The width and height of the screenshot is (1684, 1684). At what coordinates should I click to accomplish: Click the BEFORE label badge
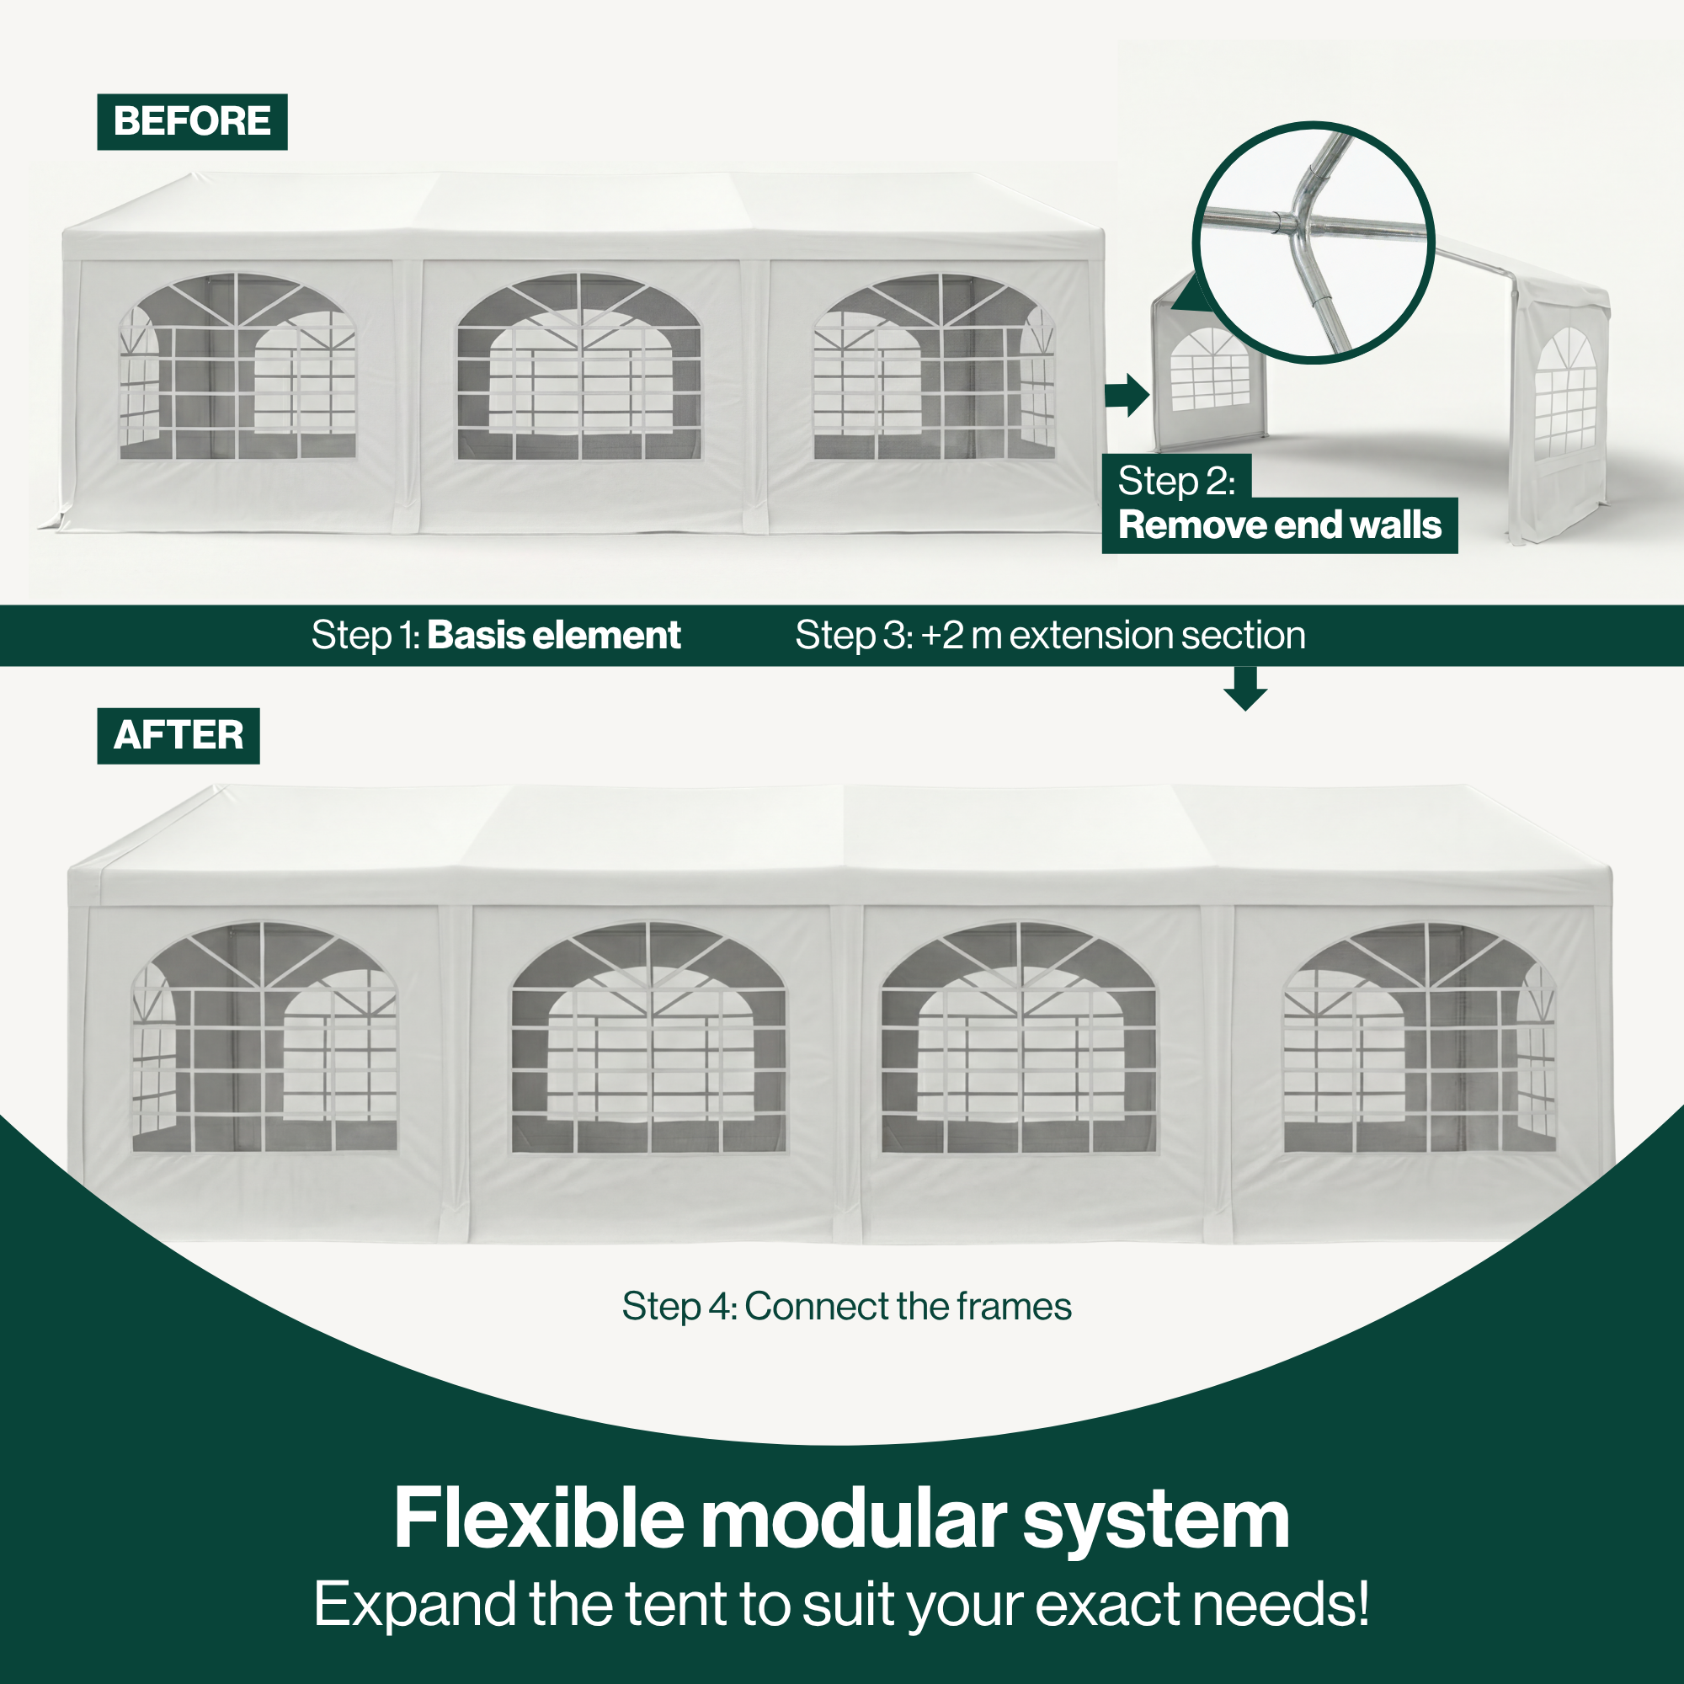point(192,121)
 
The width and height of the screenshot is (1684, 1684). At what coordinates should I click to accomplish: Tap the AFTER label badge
point(178,735)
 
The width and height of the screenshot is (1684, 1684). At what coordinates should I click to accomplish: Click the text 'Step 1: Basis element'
point(496,635)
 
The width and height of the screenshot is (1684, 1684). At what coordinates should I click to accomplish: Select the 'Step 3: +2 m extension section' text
point(1050,635)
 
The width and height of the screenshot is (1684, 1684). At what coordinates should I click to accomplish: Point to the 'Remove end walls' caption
point(1280,525)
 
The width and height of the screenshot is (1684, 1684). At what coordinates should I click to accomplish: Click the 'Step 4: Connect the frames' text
point(846,1306)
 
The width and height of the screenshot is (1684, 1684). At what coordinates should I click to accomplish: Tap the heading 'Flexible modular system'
point(841,1518)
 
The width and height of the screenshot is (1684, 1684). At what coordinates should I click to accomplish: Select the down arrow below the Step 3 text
point(1245,689)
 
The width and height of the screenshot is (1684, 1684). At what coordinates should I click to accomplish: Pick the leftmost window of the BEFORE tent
point(237,366)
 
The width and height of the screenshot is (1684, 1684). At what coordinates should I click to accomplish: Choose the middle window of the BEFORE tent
point(578,366)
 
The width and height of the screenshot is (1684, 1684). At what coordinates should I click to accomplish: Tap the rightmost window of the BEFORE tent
point(934,366)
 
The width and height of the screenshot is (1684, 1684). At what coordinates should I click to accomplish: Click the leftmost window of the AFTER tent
point(264,1037)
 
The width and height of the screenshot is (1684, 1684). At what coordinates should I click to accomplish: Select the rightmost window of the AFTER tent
point(1419,1037)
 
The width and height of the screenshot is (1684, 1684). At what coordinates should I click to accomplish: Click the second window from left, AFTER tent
point(648,1037)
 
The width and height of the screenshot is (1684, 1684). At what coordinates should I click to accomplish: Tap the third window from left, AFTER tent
point(1019,1037)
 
